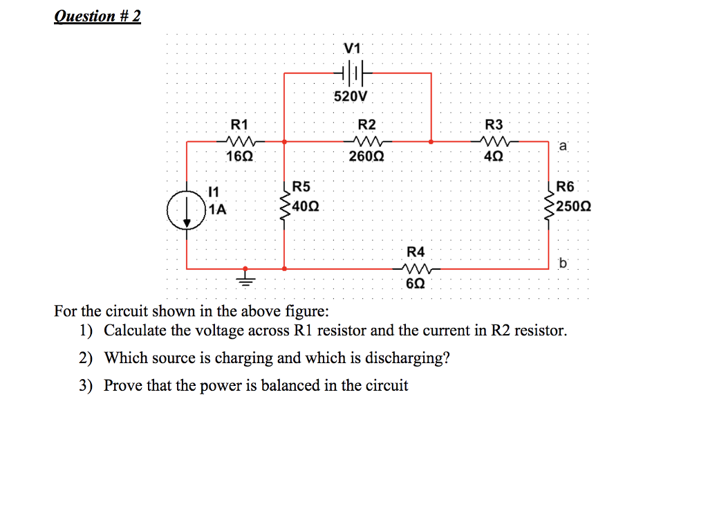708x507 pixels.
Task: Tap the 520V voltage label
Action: (x=351, y=96)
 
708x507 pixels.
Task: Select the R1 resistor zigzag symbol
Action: (x=239, y=141)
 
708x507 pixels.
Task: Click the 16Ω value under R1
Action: (x=239, y=157)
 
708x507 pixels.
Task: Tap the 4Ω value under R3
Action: (x=494, y=157)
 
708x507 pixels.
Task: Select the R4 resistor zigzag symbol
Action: (x=416, y=268)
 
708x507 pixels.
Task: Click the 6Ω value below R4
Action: (x=416, y=284)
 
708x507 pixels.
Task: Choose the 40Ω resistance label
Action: (x=305, y=206)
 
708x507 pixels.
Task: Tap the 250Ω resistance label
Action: (x=572, y=206)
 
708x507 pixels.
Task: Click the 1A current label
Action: (x=218, y=208)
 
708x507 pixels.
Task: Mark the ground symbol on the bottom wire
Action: (x=245, y=278)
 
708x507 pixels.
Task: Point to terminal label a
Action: (x=563, y=146)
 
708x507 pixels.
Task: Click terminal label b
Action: (x=563, y=263)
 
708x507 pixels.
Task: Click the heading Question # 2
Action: (x=97, y=16)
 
